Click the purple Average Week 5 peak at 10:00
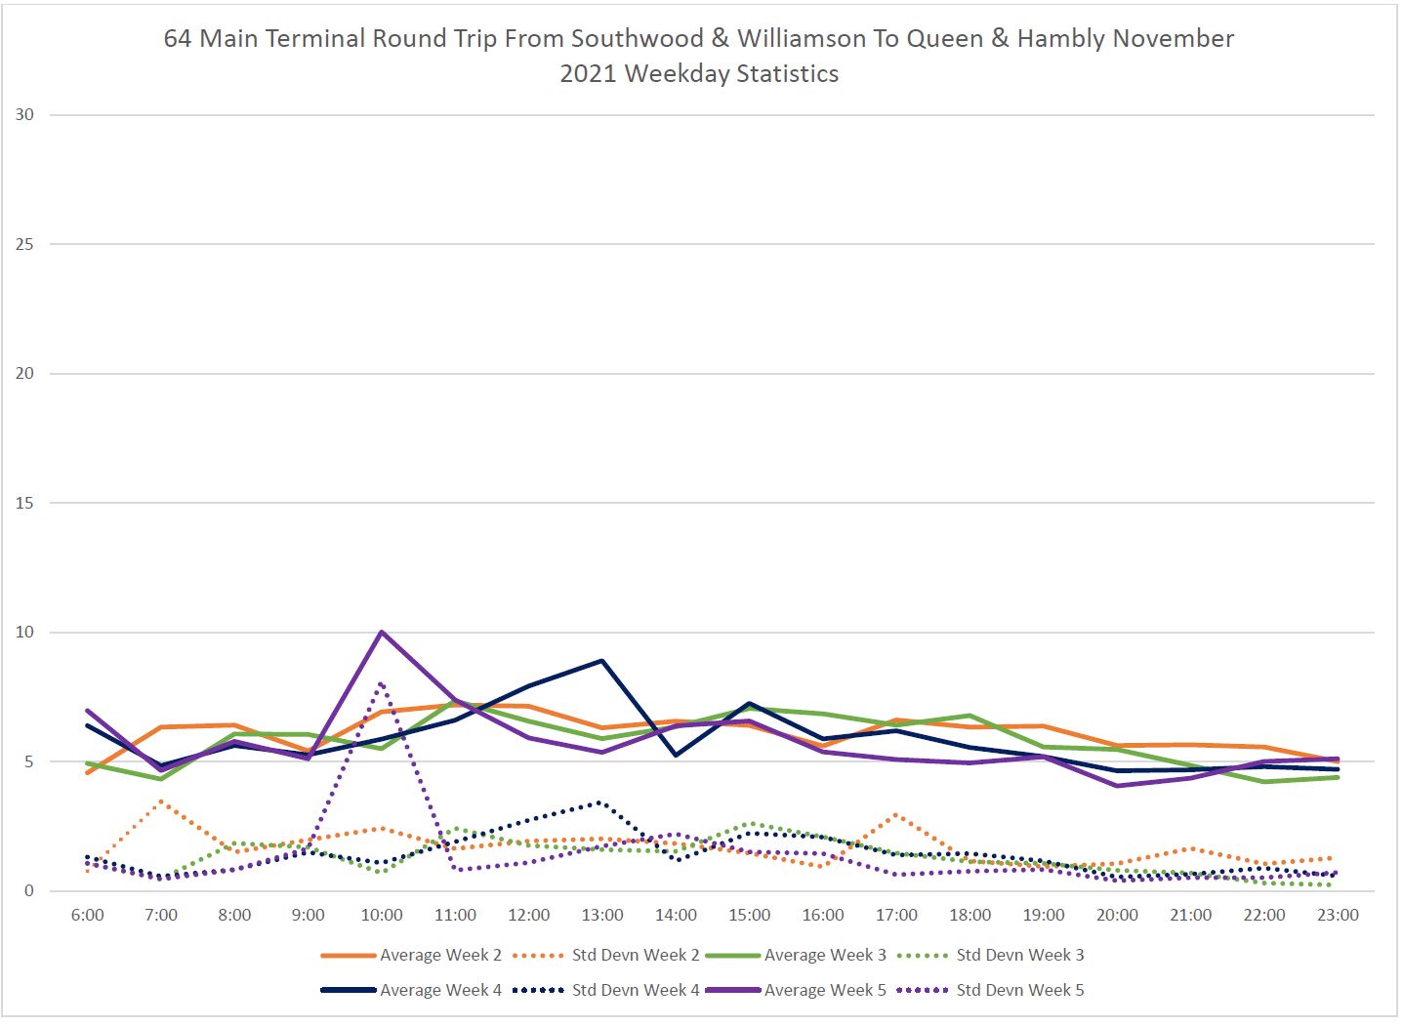(x=382, y=632)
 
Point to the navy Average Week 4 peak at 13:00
(x=602, y=661)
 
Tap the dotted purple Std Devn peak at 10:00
(x=381, y=683)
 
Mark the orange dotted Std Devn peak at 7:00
(x=161, y=801)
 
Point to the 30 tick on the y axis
(x=24, y=115)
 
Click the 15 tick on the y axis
(x=24, y=504)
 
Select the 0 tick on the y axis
(x=29, y=891)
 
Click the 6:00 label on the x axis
(x=88, y=916)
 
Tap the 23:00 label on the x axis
(x=1338, y=916)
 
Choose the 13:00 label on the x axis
(x=602, y=916)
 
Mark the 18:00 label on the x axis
(x=970, y=916)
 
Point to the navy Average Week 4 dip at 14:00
(x=676, y=755)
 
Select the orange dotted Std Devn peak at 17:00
(x=896, y=814)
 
